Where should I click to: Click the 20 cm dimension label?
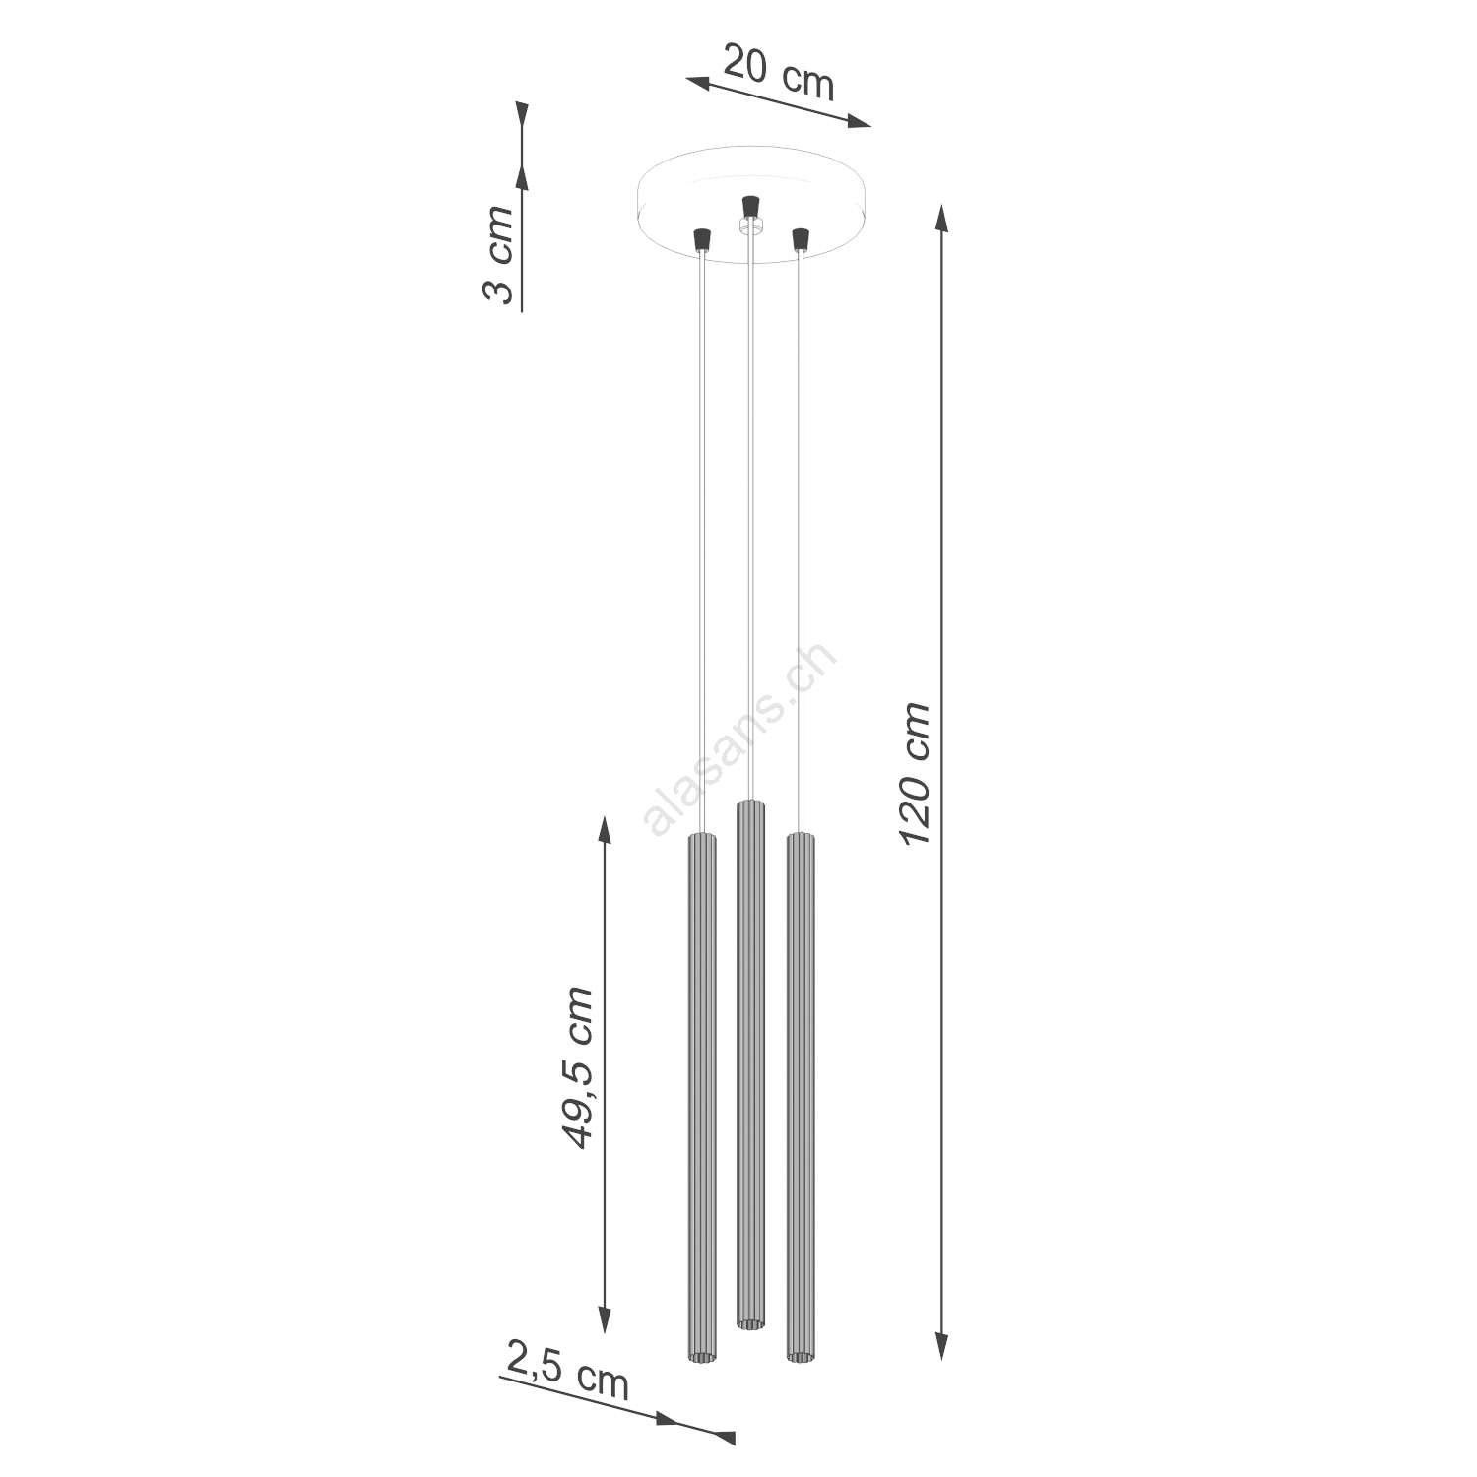pos(779,72)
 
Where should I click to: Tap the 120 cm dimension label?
pos(915,773)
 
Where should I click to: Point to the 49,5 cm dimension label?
pos(576,1067)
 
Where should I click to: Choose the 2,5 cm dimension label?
pos(568,1368)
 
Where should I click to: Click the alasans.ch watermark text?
pos(739,738)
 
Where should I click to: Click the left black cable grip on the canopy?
pos(702,239)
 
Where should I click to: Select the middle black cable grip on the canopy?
pos(750,207)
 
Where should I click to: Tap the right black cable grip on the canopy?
pos(800,239)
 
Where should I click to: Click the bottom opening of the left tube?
pos(702,1358)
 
